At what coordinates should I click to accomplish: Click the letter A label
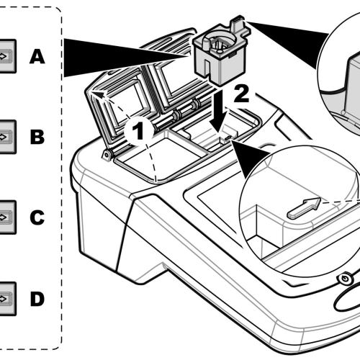point(37,57)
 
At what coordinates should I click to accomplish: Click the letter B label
point(37,137)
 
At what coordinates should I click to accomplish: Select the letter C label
point(37,217)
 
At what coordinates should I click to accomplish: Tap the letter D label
point(37,299)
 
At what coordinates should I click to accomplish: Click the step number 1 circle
point(138,131)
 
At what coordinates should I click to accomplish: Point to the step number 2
point(241,94)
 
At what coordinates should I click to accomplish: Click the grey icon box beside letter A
point(7,56)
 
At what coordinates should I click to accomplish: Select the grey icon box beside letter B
point(7,137)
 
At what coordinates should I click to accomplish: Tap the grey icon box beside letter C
point(7,217)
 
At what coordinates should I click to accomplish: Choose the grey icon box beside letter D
point(7,299)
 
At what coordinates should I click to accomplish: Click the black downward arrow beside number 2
point(218,110)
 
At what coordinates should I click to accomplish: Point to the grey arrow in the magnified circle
point(305,208)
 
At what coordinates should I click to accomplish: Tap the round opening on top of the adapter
point(219,42)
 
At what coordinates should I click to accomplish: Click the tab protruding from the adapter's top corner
point(238,23)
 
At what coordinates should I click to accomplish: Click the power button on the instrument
point(345,279)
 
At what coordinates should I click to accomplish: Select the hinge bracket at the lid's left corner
point(107,155)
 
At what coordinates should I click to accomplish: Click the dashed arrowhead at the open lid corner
point(98,94)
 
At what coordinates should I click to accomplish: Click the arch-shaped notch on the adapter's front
point(207,68)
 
